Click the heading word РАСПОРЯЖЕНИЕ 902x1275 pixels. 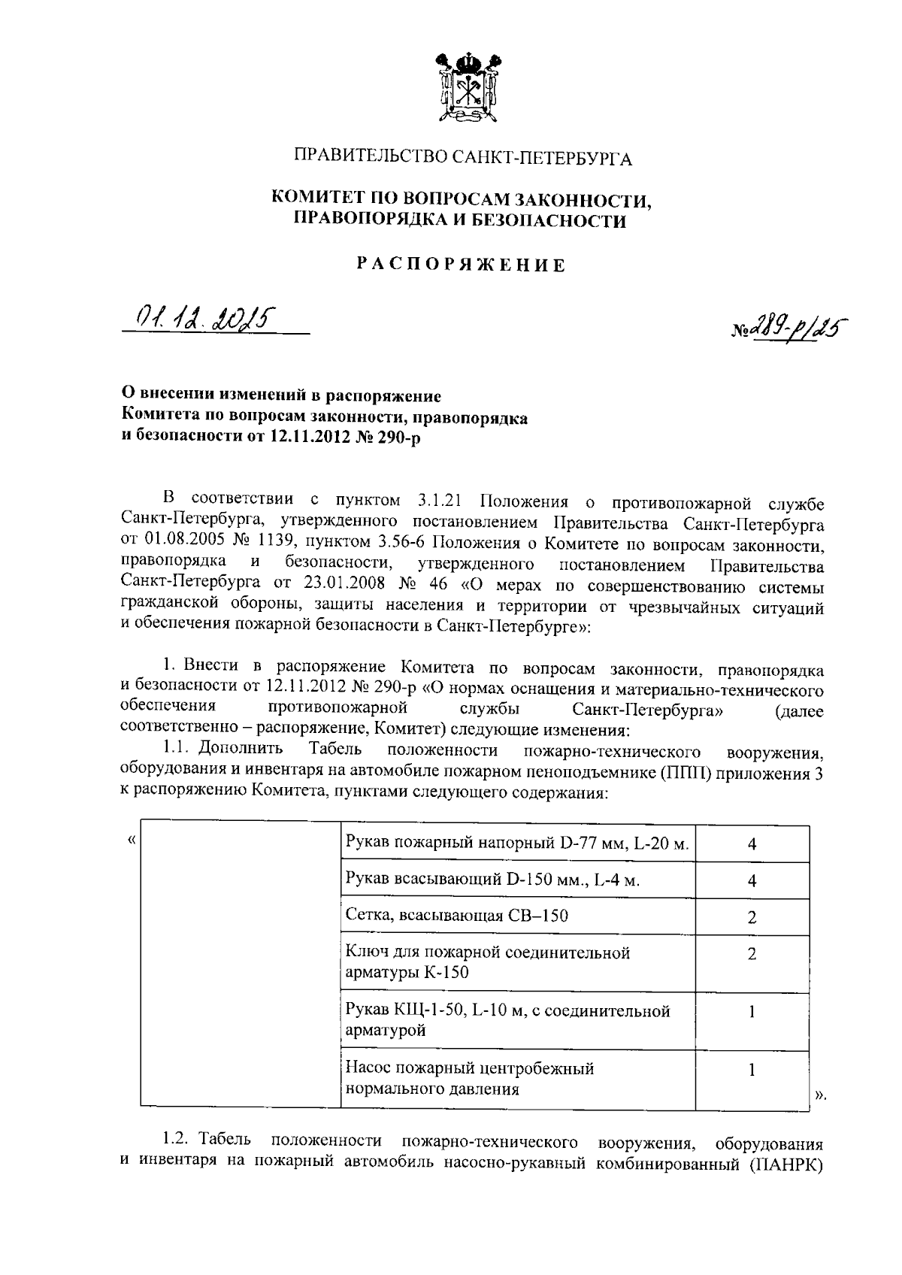pos(461,265)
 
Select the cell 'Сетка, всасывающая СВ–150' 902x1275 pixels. pos(456,915)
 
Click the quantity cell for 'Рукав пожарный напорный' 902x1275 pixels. pos(752,844)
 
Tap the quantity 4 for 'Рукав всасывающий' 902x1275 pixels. pos(752,880)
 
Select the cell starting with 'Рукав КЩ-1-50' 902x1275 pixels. pos(507,1020)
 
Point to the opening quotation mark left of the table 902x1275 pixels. pos(132,840)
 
